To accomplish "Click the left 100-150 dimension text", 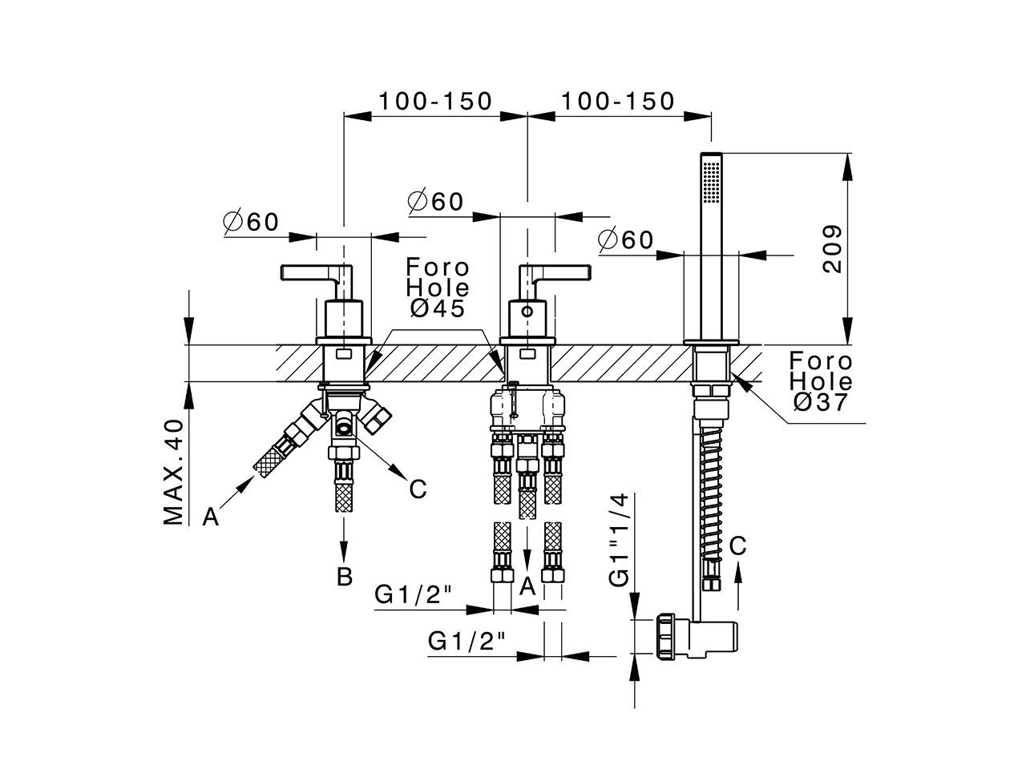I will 435,101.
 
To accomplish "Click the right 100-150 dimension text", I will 618,101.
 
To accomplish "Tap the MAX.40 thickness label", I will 174,472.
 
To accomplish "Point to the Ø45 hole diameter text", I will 437,308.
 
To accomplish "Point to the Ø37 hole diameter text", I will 820,402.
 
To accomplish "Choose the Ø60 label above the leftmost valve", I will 251,222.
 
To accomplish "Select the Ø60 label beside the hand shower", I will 626,240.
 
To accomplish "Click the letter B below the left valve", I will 345,577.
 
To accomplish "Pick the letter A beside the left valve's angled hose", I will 210,517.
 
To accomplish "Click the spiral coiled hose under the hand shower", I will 711,489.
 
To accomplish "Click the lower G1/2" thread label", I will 467,641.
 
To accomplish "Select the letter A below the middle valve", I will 527,587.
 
